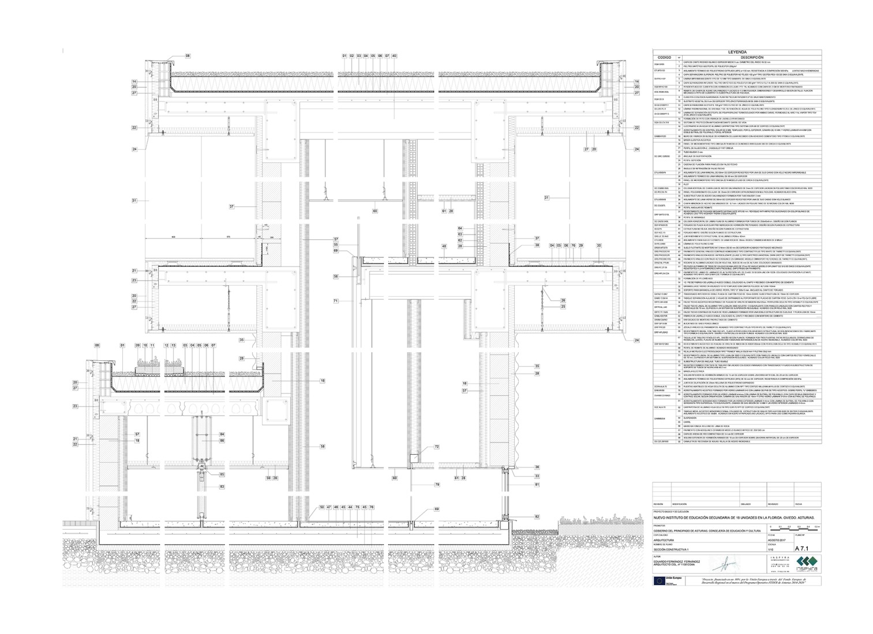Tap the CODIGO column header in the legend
(x=664, y=58)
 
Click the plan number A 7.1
(x=803, y=549)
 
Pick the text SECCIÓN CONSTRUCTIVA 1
(x=669, y=551)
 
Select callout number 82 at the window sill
(x=537, y=517)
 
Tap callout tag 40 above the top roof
(x=394, y=56)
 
